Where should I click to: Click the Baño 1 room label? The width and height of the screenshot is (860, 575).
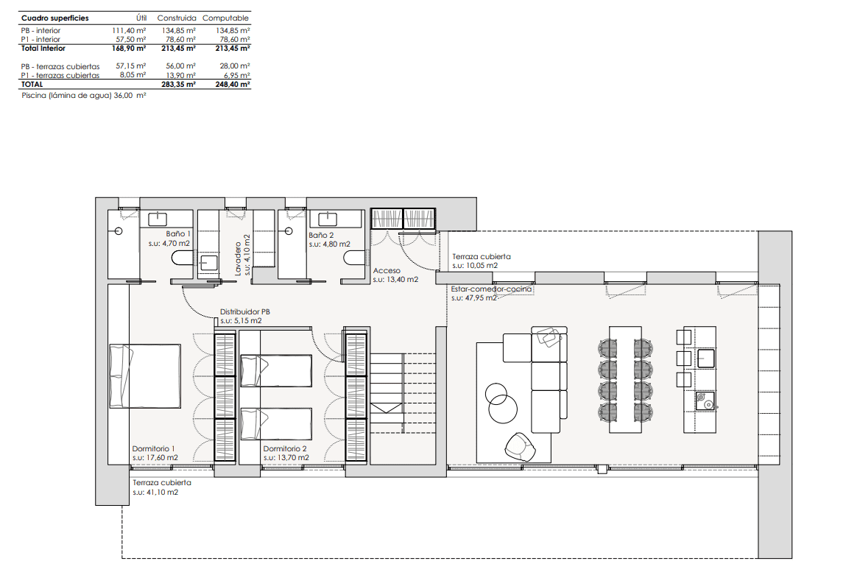(178, 233)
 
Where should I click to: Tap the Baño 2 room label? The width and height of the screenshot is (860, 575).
(322, 235)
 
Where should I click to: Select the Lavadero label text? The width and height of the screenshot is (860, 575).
(238, 258)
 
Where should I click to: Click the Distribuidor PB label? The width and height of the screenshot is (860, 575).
(245, 311)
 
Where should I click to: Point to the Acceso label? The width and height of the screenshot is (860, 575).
(387, 270)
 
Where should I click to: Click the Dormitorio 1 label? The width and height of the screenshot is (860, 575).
(154, 449)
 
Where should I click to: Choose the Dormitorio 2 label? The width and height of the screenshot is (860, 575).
(285, 449)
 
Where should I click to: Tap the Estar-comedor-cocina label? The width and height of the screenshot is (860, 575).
(491, 289)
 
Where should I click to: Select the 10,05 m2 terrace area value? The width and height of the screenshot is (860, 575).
(483, 266)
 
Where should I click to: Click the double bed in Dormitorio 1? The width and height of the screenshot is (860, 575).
(145, 376)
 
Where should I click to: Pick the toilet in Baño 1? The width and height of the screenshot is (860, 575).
(183, 258)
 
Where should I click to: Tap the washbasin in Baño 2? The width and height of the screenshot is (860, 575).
(328, 219)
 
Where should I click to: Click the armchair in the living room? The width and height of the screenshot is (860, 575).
(520, 447)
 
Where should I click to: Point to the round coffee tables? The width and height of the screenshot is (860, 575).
(501, 403)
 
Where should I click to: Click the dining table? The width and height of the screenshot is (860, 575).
(625, 380)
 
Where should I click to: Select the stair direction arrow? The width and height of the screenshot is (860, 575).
(387, 408)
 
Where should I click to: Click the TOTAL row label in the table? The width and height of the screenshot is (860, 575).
(32, 85)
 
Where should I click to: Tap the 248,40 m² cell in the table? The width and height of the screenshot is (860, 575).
(233, 85)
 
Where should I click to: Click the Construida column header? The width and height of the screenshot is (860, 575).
(177, 18)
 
